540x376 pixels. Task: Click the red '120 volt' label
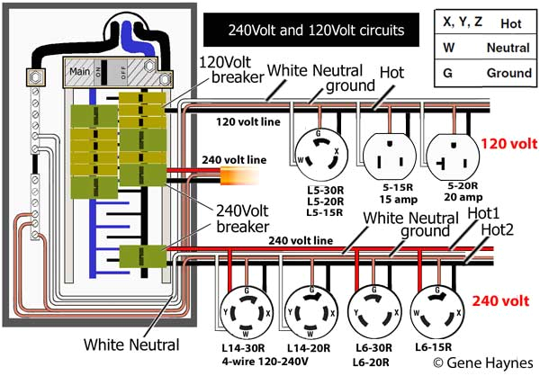(x=508, y=143)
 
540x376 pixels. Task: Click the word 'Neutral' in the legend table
(x=507, y=47)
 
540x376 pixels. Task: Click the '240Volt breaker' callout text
(x=231, y=215)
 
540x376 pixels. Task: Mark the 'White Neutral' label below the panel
(x=131, y=344)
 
